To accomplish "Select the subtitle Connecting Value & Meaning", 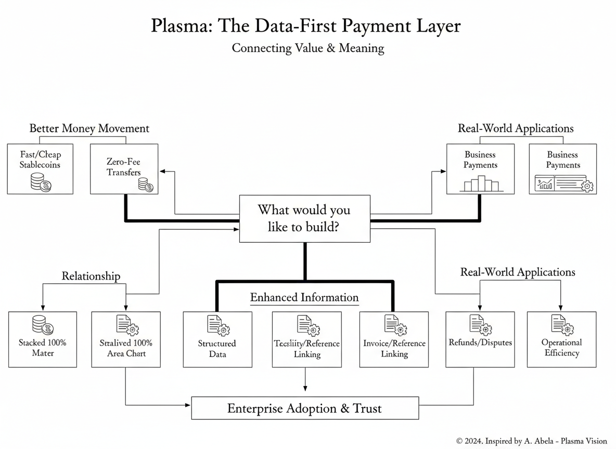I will pyautogui.click(x=307, y=48).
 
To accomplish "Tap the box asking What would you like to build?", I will pyautogui.click(x=304, y=218).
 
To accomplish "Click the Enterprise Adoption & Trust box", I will pyautogui.click(x=304, y=408).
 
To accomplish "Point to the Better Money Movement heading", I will pyautogui.click(x=89, y=128).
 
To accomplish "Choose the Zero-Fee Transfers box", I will pyautogui.click(x=124, y=169).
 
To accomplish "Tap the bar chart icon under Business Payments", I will pyautogui.click(x=480, y=183).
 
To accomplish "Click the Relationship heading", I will pyautogui.click(x=91, y=276).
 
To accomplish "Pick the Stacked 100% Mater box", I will pyautogui.click(x=43, y=339).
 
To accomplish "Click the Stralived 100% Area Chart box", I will pyautogui.click(x=126, y=339).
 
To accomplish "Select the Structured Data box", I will pyautogui.click(x=217, y=339).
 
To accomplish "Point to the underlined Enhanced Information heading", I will pyautogui.click(x=304, y=298).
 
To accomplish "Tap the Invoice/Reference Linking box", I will pyautogui.click(x=394, y=339).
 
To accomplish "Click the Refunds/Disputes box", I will pyautogui.click(x=480, y=339).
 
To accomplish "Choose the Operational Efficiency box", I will pyautogui.click(x=562, y=339).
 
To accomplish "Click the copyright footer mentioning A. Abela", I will pyautogui.click(x=532, y=441).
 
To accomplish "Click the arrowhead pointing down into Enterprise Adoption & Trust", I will pyautogui.click(x=305, y=388).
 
